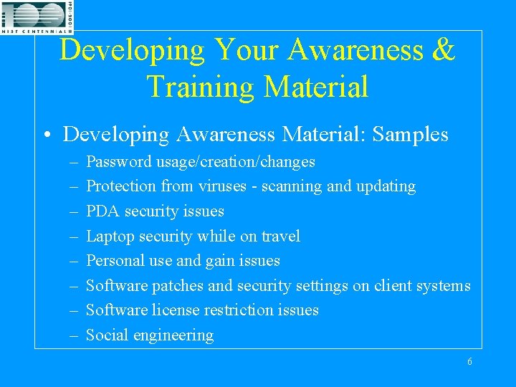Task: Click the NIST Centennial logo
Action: tap(37, 17)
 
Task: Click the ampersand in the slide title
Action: tap(444, 49)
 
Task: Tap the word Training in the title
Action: tap(200, 86)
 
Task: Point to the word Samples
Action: tap(410, 135)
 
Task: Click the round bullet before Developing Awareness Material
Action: tap(48, 135)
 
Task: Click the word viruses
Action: tap(222, 186)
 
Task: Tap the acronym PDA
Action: tap(102, 211)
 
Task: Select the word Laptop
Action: tap(110, 236)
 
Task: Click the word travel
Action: tap(281, 236)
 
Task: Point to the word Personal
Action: tap(115, 261)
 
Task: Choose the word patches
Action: tap(178, 286)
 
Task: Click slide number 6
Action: tap(469, 361)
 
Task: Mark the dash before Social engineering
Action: tap(74, 336)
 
